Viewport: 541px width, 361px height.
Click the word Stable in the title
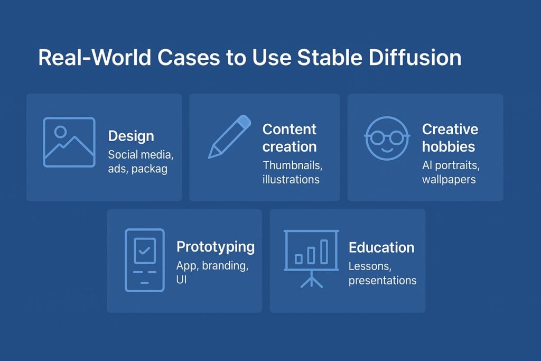[327, 58]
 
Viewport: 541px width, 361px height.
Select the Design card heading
[131, 136]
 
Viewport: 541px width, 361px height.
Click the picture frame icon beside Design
[69, 142]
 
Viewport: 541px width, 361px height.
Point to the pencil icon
[229, 136]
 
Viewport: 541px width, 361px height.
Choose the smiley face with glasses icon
[387, 138]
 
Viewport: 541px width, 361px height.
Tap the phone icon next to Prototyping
[144, 260]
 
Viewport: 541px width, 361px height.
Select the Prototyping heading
[215, 247]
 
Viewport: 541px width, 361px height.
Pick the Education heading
[381, 247]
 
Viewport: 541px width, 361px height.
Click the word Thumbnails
[292, 165]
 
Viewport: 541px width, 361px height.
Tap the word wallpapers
[449, 179]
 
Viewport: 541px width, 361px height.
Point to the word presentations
[382, 280]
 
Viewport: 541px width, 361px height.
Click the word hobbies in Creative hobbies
[448, 146]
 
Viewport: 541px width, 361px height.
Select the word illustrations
[291, 179]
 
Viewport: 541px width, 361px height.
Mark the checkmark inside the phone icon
[144, 251]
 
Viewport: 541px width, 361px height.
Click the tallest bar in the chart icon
[324, 251]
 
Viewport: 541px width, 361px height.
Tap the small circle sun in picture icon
[60, 132]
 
